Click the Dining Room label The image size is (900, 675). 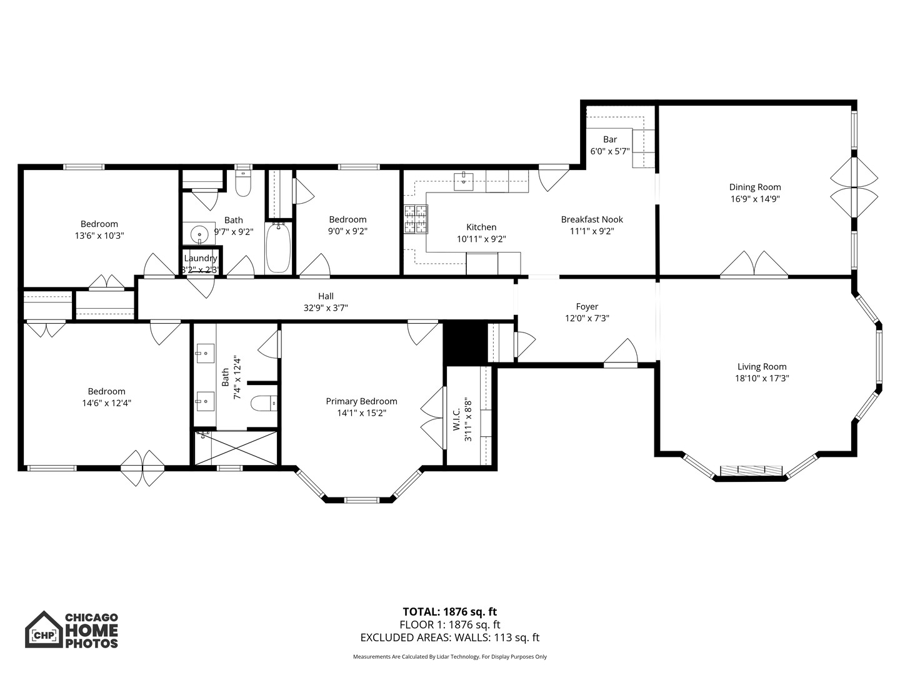tap(755, 187)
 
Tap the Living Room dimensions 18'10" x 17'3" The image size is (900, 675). tap(762, 378)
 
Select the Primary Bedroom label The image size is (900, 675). tap(361, 401)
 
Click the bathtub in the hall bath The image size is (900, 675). tap(278, 248)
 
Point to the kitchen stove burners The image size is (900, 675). tap(416, 219)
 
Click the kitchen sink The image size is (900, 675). tap(463, 181)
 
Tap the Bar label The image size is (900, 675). tap(610, 139)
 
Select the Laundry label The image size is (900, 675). tap(200, 258)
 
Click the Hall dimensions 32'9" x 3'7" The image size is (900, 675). tap(326, 307)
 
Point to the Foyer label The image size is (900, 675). tap(587, 306)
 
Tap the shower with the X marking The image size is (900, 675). tap(236, 448)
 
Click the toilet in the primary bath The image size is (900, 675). tap(264, 404)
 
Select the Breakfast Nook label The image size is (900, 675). tap(592, 219)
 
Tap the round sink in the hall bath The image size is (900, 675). tap(199, 234)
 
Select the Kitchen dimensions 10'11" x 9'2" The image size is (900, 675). tap(481, 239)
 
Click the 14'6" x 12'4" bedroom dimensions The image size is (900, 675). tap(107, 403)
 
